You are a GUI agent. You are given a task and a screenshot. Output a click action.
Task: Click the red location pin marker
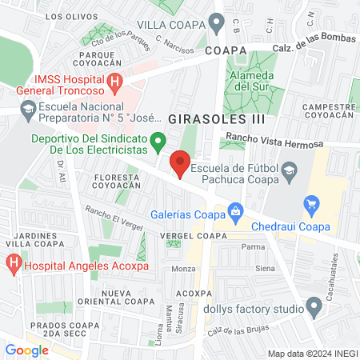point(181,166)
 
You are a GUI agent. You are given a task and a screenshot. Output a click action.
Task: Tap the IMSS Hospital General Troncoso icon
point(114,81)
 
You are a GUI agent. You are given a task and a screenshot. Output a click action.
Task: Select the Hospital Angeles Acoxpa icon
point(14,262)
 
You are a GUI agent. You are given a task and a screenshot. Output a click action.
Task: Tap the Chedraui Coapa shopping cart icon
point(312,205)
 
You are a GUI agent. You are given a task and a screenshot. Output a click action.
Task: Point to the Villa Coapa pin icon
point(214,22)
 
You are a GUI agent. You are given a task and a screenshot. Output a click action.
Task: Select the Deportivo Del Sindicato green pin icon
point(158,145)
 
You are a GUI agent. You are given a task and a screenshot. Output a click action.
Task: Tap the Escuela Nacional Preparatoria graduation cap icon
point(29,108)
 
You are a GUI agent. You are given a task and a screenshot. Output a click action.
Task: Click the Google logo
point(26,350)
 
